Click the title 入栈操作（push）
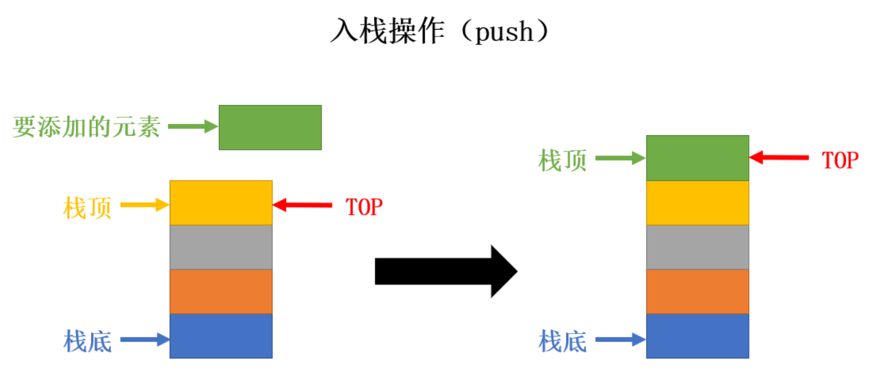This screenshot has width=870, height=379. (439, 31)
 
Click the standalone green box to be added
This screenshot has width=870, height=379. (270, 127)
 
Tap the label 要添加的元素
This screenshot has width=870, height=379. (86, 126)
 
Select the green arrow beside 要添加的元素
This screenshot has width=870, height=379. (193, 126)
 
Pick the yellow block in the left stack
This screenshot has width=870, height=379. (221, 202)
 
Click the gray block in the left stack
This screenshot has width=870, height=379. (221, 247)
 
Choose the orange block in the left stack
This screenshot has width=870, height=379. (221, 291)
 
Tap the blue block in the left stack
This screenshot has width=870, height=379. (221, 336)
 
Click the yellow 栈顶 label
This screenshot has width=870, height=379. (87, 207)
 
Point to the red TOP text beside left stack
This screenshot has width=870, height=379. (364, 207)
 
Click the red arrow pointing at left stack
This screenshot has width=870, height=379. (303, 205)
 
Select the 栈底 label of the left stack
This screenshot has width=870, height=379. (87, 341)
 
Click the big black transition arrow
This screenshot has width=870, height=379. (446, 272)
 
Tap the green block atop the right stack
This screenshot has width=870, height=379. (698, 158)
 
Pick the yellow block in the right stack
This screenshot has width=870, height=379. (698, 202)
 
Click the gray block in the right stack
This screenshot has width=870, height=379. (698, 247)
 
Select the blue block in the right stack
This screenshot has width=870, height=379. (698, 336)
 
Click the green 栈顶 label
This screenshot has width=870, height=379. (562, 160)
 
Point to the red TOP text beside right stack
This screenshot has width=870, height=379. (840, 160)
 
